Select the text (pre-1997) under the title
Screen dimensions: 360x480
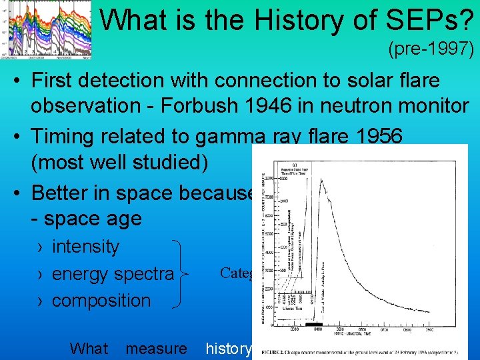tap(431, 49)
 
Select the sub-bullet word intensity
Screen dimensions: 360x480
tap(85, 247)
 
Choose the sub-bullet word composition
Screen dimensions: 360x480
tap(101, 301)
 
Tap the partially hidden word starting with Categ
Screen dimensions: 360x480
tap(235, 273)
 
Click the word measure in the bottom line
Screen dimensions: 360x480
tap(156, 348)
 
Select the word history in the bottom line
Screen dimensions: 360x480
tap(229, 348)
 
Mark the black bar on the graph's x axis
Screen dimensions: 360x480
tap(314, 324)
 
